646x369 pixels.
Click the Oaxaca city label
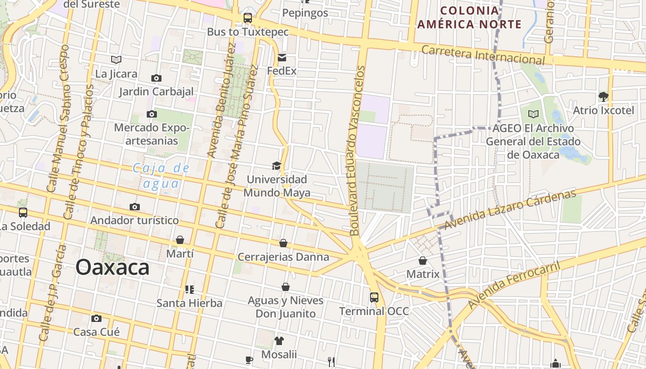click(x=113, y=268)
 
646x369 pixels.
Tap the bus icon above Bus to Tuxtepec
click(x=248, y=18)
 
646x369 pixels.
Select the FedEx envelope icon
click(x=281, y=58)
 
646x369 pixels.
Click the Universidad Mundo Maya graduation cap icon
click(x=276, y=166)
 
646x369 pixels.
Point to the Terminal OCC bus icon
click(x=374, y=298)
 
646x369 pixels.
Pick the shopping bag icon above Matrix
click(x=423, y=261)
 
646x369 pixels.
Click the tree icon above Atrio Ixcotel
click(x=603, y=96)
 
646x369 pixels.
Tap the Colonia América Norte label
click(x=469, y=18)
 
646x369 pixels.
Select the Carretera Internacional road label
click(x=483, y=55)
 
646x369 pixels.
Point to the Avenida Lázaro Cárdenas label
click(x=510, y=210)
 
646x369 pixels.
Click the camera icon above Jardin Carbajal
click(x=156, y=78)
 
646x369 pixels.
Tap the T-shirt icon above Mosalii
click(x=279, y=341)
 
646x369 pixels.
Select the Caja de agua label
click(x=161, y=176)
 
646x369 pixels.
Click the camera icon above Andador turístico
click(x=135, y=207)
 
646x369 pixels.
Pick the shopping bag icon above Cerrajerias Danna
click(x=283, y=243)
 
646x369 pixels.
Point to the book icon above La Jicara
click(x=116, y=60)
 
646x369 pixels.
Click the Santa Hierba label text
click(x=189, y=303)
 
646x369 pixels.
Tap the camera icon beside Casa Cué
click(x=96, y=318)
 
